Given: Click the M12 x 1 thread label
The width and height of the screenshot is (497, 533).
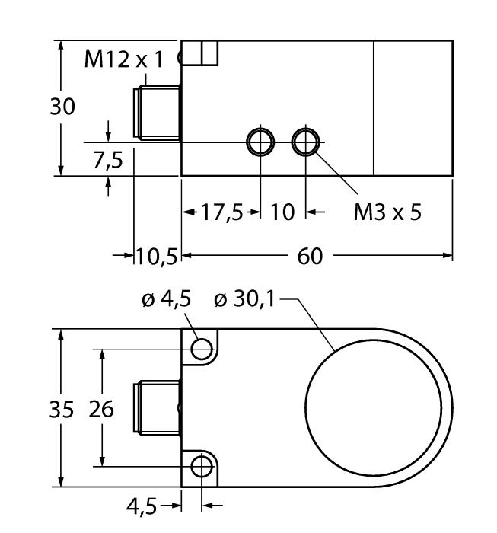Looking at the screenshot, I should point(123,60).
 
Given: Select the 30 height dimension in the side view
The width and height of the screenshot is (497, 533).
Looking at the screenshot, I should point(63,107).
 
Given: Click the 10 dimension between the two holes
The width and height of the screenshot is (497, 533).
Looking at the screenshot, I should point(282,212).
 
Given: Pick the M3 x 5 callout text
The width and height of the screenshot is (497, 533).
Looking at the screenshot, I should point(387,212).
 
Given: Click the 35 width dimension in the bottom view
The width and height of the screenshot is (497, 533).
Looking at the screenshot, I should point(63,410).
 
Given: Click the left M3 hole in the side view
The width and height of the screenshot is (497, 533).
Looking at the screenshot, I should point(260,142).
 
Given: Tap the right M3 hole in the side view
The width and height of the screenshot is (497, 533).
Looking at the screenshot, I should point(306,142).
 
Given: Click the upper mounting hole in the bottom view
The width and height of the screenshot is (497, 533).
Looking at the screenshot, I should point(202,349).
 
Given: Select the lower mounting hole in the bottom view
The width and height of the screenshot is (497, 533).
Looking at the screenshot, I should point(202,465).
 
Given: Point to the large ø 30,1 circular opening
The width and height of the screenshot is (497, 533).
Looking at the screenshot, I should point(373,408).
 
